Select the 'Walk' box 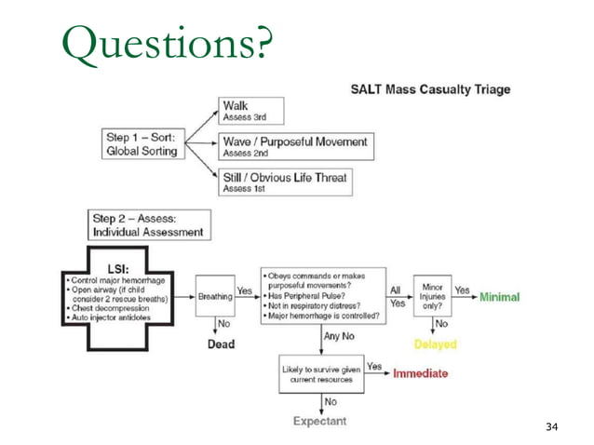(250, 110)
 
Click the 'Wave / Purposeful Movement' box (294, 146)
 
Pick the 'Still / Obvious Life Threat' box (285, 181)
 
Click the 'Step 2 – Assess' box (148, 224)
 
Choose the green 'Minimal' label (499, 297)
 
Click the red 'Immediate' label (420, 373)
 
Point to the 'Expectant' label (319, 421)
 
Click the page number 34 (551, 426)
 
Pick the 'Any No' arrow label (340, 337)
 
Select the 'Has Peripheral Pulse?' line (309, 296)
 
